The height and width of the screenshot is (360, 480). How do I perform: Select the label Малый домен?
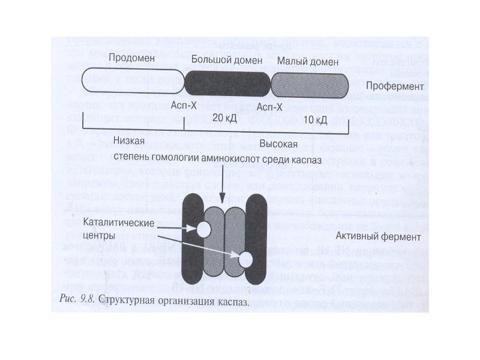304,61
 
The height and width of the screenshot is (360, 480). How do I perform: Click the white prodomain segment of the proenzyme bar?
132,82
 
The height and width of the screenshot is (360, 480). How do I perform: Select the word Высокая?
278,144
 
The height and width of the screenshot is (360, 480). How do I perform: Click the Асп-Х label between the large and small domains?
269,106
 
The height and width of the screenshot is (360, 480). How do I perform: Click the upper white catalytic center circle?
203,229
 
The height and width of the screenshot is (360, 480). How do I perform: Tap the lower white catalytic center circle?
246,259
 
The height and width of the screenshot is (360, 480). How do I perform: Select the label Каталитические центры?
119,227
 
